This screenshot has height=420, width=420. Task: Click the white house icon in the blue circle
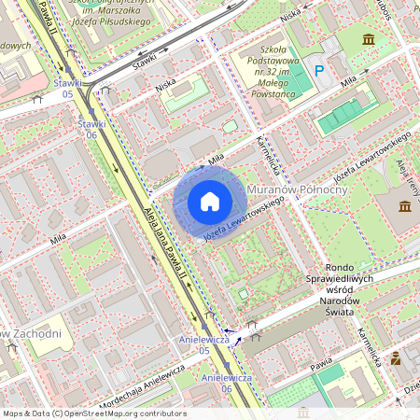(210, 202)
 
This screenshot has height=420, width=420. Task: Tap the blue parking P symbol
(320, 71)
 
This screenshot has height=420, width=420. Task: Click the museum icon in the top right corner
(370, 39)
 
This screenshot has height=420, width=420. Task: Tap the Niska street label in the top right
(290, 14)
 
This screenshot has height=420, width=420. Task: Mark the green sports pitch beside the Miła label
(338, 115)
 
